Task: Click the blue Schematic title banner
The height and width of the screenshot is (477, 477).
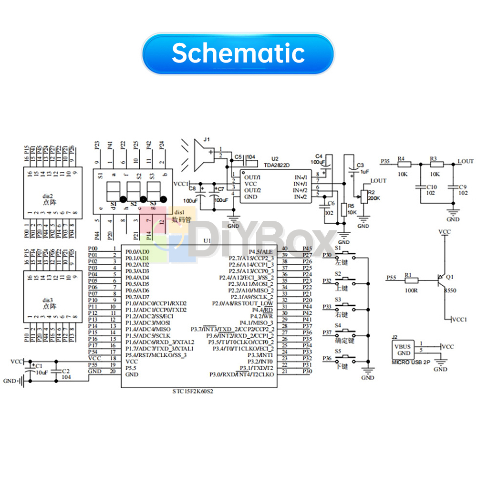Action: (238, 53)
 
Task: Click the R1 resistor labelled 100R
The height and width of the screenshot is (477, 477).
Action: (411, 281)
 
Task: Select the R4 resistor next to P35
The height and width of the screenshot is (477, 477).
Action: (403, 165)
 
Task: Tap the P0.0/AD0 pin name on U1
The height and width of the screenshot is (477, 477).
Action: (137, 251)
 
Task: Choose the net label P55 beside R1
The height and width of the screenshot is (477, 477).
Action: (391, 277)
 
